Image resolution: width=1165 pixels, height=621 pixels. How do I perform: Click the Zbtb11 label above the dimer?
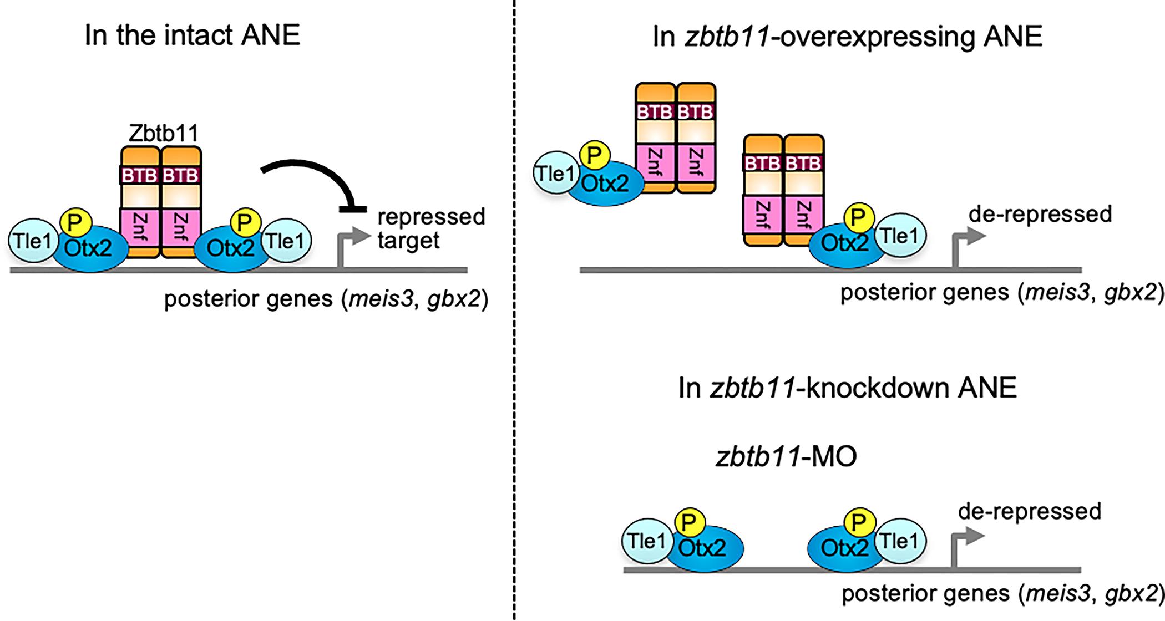pos(163,134)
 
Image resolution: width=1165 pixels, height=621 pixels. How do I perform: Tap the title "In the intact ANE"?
pos(192,36)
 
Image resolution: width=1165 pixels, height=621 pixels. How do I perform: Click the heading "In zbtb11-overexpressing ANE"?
pos(848,37)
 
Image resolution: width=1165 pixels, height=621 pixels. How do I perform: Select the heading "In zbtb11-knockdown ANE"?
pos(847,388)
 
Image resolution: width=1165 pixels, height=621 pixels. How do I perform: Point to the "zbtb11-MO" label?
pos(786,457)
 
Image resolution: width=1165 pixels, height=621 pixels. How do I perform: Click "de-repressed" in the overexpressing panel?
pos(1040,214)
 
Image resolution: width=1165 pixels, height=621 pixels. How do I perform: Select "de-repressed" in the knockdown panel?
pos(1029,511)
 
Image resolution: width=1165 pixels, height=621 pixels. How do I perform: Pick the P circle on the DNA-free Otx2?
pos(594,156)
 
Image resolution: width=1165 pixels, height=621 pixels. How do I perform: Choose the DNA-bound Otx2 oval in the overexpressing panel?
pos(844,244)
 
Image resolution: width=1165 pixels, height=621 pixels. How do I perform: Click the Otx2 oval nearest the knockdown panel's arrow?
pos(844,548)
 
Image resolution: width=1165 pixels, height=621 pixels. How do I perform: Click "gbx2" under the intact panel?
pos(453,299)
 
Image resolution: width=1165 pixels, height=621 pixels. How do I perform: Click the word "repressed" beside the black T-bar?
pos(431,216)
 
